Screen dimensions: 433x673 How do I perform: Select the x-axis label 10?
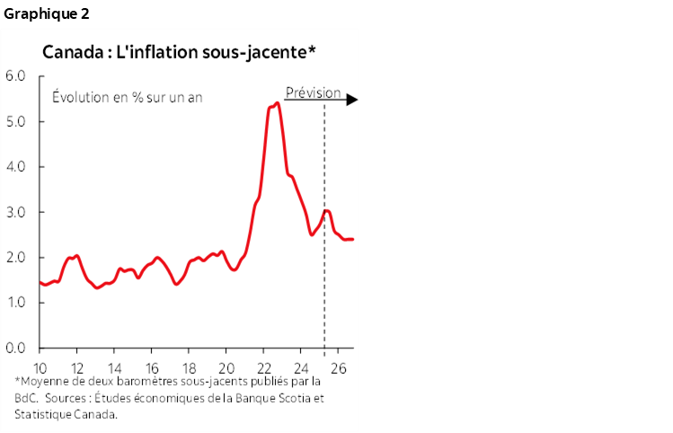pyautogui.click(x=40, y=367)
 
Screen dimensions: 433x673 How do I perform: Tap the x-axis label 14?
pyautogui.click(x=115, y=367)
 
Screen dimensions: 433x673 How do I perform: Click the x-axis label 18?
pyautogui.click(x=190, y=367)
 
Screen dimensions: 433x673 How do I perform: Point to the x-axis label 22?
pyautogui.click(x=264, y=367)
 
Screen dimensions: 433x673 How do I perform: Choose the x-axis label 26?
pyautogui.click(x=339, y=367)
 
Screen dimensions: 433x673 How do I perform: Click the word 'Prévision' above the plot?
pyautogui.click(x=313, y=93)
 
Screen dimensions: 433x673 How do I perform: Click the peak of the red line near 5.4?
pyautogui.click(x=277, y=103)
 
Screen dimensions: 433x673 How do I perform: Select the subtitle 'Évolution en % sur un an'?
pyautogui.click(x=127, y=97)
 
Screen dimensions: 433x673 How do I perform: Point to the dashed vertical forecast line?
pyautogui.click(x=324, y=270)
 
